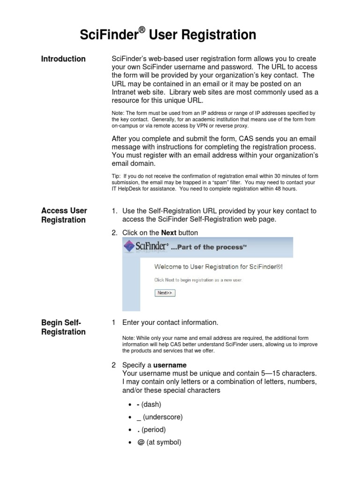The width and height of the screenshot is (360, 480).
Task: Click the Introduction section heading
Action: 63,59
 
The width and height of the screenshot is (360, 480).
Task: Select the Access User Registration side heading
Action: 64,215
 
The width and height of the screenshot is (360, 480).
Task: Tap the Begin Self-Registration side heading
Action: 63,327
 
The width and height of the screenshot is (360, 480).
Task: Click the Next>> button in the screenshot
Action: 165,293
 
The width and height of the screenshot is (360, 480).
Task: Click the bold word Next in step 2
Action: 168,232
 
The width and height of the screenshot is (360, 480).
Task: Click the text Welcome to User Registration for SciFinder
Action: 218,267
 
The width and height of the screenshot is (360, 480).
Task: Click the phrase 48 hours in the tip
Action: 285,189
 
